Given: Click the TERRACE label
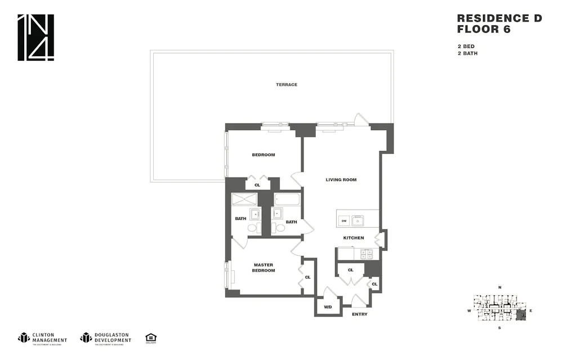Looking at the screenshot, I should [287, 85].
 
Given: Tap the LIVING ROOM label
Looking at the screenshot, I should [341, 180].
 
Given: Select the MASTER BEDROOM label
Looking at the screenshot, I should [263, 268].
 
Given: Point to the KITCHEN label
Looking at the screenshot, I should [354, 238].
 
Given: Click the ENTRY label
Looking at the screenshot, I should [359, 314].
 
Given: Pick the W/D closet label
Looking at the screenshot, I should [327, 307].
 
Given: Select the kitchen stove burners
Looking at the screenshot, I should [366, 254].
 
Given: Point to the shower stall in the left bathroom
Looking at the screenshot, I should [244, 199].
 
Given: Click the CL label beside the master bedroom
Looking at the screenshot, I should [307, 277].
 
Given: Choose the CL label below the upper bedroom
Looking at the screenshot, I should [257, 185].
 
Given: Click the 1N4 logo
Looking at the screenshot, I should [35, 37].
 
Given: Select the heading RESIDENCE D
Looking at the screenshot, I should [499, 19].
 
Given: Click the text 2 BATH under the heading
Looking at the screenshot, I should [467, 54].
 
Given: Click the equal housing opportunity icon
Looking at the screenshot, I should [150, 338].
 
